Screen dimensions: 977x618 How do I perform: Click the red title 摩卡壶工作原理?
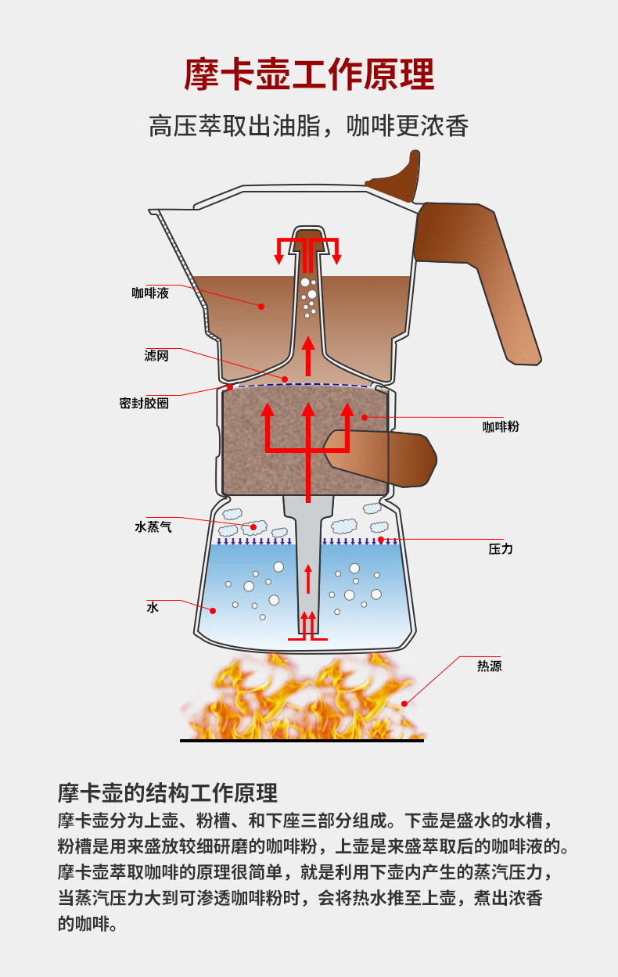click(309, 75)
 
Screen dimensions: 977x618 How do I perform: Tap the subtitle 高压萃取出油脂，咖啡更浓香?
click(309, 126)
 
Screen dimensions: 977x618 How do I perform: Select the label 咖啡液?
click(150, 294)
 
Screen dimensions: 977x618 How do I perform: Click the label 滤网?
click(156, 356)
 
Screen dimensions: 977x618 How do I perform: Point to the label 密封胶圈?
click(144, 404)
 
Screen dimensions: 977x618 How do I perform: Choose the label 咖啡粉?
click(501, 427)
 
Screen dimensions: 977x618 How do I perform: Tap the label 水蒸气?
click(153, 527)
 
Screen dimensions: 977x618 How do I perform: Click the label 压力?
click(501, 549)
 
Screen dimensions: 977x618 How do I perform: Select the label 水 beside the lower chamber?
click(153, 607)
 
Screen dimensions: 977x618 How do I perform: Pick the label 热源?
click(490, 666)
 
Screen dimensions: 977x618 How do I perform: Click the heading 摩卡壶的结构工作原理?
click(168, 793)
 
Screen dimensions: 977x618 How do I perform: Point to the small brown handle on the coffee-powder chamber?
click(391, 458)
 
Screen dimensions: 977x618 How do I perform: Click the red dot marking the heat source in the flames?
click(404, 703)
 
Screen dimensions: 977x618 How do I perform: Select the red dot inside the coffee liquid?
click(262, 307)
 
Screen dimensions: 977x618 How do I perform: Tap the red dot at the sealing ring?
click(229, 386)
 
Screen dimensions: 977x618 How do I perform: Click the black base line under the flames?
click(301, 740)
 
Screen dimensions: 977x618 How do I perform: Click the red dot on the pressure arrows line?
click(381, 540)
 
